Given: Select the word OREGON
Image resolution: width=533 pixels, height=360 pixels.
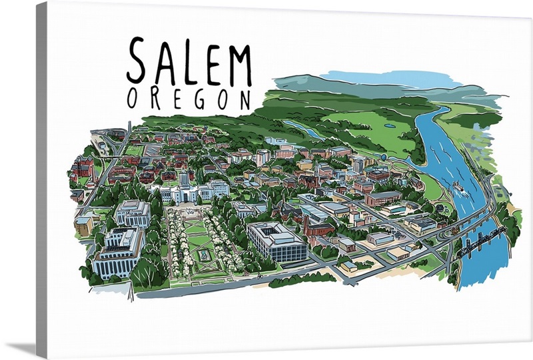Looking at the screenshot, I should click(189, 99).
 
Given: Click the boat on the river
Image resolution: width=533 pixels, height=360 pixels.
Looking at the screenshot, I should click(459, 186).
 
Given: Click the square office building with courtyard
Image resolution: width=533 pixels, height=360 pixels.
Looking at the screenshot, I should click(277, 239).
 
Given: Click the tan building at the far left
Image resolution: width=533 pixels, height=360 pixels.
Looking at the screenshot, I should click(84, 225).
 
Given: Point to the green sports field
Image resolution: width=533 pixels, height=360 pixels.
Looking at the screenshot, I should click(134, 150).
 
